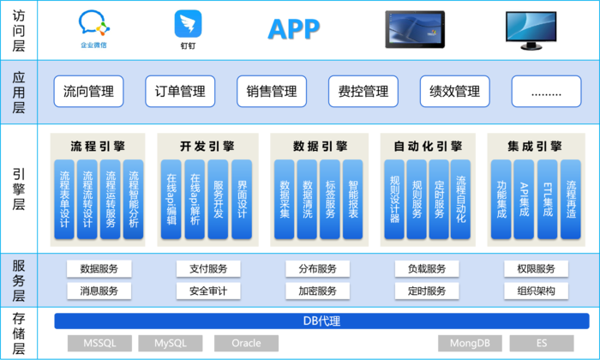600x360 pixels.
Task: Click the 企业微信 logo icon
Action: click(94, 23)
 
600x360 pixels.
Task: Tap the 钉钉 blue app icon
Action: click(188, 24)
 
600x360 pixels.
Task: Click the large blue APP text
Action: click(294, 29)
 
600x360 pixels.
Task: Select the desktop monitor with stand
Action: click(531, 30)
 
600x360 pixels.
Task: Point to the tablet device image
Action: click(415, 29)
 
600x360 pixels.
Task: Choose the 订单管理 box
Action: click(180, 92)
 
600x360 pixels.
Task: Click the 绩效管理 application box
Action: click(454, 92)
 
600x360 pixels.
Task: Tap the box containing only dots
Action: click(547, 92)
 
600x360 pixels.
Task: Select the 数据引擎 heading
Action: click(321, 146)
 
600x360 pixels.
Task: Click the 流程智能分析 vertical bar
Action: click(133, 200)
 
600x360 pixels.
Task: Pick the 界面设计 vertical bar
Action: click(242, 200)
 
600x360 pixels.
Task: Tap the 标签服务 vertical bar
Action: click(330, 200)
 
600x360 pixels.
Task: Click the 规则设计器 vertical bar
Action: click(394, 200)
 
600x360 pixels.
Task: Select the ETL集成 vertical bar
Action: click(548, 200)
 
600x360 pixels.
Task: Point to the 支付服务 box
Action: click(208, 269)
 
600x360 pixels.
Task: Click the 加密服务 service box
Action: click(318, 291)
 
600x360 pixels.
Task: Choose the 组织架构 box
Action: click(536, 291)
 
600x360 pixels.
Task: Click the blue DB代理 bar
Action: click(321, 321)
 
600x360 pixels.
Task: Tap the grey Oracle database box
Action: click(247, 343)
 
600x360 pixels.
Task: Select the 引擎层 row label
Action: click(19, 189)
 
